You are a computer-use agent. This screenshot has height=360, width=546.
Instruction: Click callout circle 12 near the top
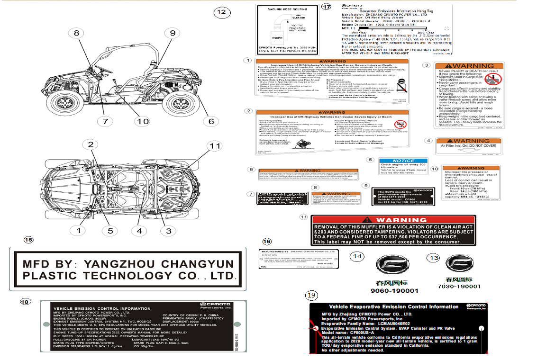coord(221,12)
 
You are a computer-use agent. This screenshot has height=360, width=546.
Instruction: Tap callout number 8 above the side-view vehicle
coord(76,33)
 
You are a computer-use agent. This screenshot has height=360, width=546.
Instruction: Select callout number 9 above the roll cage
coord(173,33)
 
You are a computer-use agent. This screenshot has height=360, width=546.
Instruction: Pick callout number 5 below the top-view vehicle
coord(110,231)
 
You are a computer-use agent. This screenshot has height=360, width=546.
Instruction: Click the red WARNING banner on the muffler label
coord(393,220)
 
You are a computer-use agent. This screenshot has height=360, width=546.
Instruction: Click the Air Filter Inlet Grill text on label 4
coord(468,146)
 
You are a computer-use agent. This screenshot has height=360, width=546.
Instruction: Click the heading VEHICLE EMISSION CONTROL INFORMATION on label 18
coord(96,309)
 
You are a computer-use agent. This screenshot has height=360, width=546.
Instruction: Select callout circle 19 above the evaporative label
coord(311,295)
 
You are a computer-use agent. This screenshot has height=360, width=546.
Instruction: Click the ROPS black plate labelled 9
coord(396,197)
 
